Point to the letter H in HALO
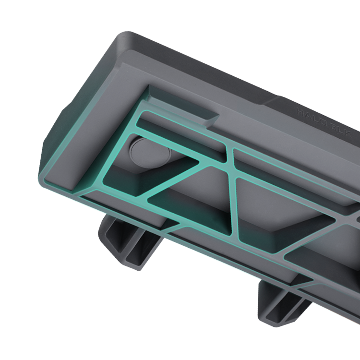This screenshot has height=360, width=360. [x=300, y=110]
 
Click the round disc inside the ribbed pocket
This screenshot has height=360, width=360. [x=150, y=152]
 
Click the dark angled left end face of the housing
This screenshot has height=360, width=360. [x=53, y=144]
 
